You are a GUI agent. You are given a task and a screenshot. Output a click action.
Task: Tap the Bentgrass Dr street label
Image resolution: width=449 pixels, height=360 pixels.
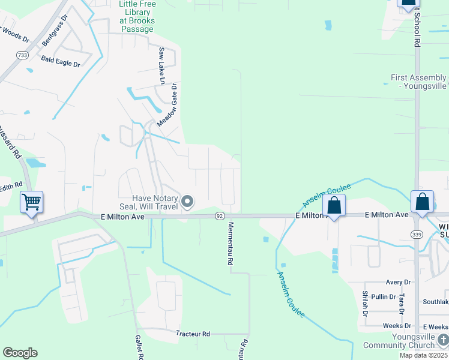[x=53, y=36]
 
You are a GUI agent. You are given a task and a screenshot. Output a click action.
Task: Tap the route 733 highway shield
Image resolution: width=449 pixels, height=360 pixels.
[x=23, y=55]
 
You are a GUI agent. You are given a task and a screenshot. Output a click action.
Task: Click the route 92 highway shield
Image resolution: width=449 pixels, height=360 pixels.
[x=220, y=216]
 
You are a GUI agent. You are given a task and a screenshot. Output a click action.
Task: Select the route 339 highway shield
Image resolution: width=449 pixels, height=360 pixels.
[x=415, y=233]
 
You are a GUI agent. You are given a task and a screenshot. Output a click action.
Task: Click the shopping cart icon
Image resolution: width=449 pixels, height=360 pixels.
[x=31, y=202]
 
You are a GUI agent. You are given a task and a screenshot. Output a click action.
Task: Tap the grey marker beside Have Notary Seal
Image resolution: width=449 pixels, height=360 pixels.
[x=187, y=202]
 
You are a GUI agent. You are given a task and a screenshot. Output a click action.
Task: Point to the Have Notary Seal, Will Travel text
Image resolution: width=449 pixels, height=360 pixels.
[x=155, y=203]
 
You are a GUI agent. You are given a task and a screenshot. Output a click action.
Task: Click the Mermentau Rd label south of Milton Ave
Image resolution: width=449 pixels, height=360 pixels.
[x=229, y=244]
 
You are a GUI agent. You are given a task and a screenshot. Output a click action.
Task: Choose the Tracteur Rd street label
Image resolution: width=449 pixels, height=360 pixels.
[x=193, y=334]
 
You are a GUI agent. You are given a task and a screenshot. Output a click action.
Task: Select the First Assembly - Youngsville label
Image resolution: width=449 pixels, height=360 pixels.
[x=418, y=82]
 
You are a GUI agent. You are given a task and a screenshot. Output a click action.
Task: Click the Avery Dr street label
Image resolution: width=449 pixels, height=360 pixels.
[x=398, y=282]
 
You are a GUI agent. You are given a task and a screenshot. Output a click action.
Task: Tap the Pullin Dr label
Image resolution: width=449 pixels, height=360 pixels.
[x=384, y=296]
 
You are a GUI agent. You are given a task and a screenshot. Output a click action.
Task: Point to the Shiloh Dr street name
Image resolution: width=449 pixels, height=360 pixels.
[x=365, y=304]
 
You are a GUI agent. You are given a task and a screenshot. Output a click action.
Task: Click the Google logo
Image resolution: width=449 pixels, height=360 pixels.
[x=20, y=353]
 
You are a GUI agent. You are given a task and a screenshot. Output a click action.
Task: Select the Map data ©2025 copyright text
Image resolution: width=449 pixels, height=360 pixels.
[x=424, y=355]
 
